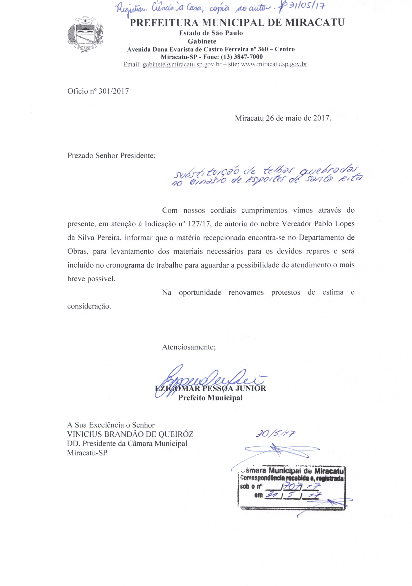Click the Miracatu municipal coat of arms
85,34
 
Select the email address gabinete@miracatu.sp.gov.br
182,64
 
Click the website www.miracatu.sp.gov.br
274,64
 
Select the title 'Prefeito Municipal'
210,398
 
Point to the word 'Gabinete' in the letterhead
202,41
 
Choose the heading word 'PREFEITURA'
164,23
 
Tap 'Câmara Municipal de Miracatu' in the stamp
293,470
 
